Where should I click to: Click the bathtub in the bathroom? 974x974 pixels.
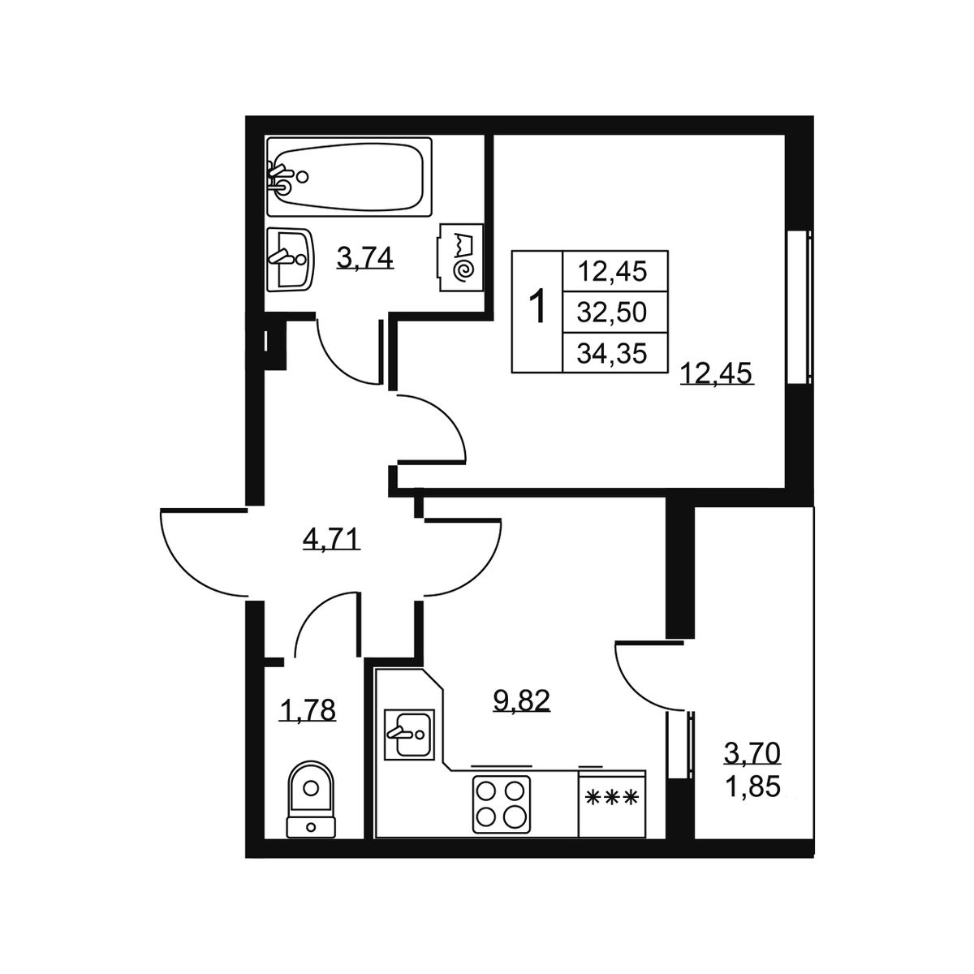[349, 177]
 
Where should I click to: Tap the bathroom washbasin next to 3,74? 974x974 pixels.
[289, 259]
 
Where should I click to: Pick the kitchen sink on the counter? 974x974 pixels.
[408, 734]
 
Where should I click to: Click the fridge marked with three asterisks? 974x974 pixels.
[612, 804]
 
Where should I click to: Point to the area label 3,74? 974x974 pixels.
[365, 259]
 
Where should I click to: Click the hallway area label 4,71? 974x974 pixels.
[331, 539]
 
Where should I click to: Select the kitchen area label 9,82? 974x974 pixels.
[522, 701]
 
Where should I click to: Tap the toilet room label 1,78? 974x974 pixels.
[308, 710]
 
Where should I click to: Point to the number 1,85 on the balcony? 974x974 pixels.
[752, 786]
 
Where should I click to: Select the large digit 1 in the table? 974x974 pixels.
[537, 306]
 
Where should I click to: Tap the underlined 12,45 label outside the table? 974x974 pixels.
[718, 374]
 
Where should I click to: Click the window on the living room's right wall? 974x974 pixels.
[799, 308]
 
